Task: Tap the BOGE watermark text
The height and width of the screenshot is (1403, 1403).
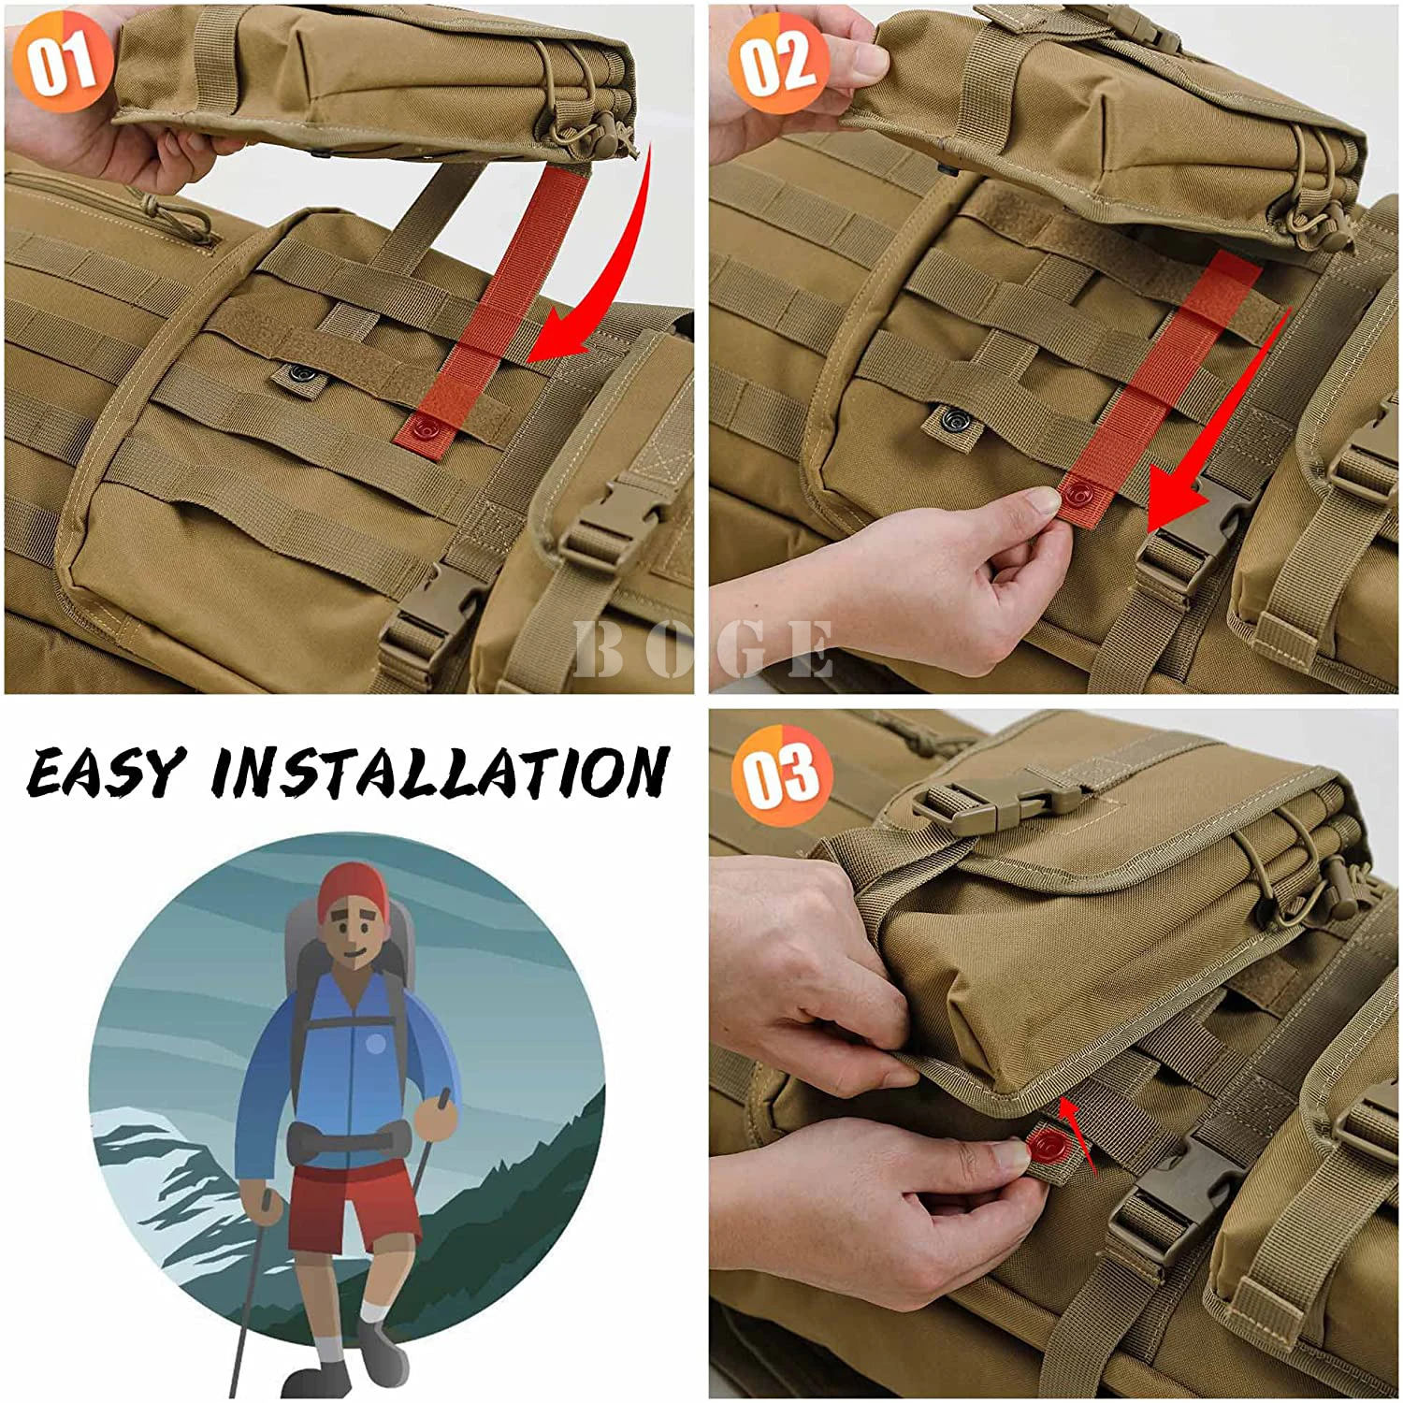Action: click(x=703, y=648)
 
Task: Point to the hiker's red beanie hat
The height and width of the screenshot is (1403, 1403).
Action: click(x=351, y=890)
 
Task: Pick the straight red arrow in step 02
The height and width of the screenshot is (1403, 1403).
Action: click(x=1216, y=421)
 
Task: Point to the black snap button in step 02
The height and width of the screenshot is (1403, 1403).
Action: click(x=956, y=415)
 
